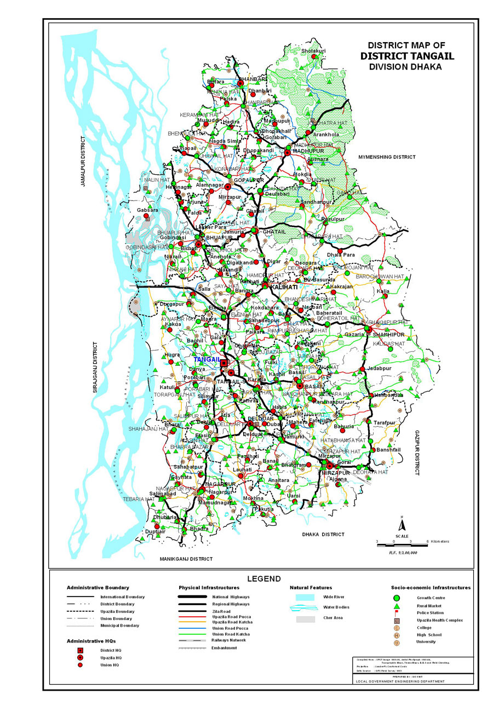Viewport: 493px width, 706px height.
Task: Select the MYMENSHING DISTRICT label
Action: coord(387,157)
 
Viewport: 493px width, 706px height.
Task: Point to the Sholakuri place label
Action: coord(313,51)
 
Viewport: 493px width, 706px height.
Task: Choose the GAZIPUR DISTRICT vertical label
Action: coord(416,452)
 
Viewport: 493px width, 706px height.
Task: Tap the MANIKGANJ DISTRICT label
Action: coord(186,559)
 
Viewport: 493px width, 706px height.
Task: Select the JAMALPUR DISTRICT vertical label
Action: coord(83,162)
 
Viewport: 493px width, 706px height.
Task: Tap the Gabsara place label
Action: coord(147,210)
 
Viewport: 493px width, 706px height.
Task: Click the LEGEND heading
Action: coord(263,578)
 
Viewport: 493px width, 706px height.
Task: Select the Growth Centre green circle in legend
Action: coord(397,598)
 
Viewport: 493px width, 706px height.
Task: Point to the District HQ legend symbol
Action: coord(80,650)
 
